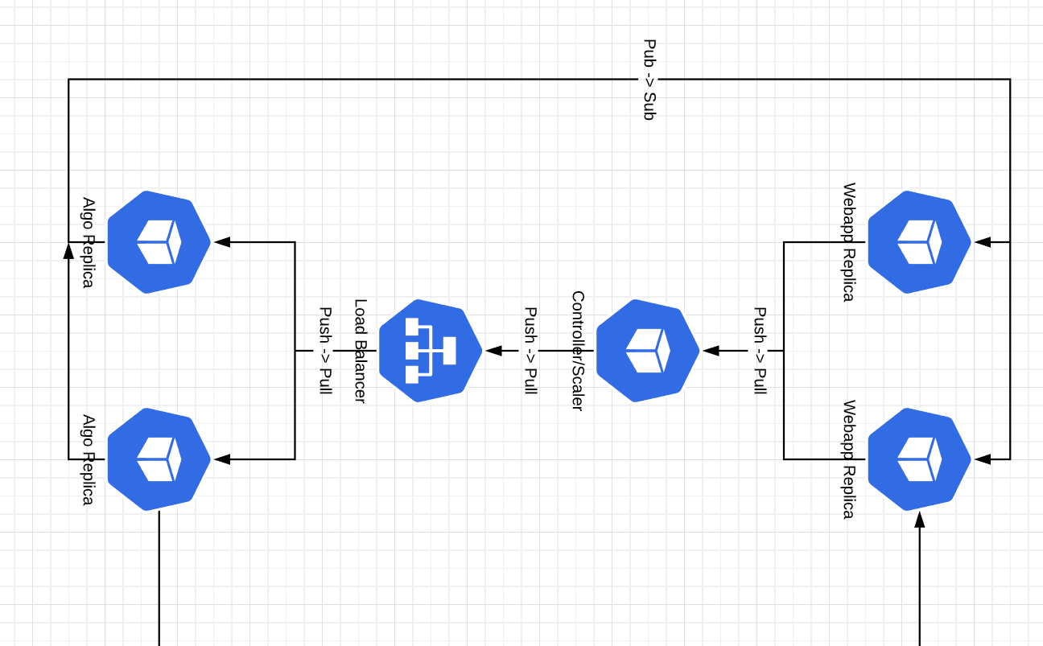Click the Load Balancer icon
coord(430,351)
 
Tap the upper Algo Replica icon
coord(159,242)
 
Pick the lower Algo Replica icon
coord(159,459)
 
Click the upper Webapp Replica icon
coord(919,242)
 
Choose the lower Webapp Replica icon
coord(919,459)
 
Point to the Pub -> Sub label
coord(649,80)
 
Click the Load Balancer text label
coord(361,351)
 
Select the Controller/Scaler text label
coord(577,351)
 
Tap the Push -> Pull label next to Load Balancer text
coord(326,351)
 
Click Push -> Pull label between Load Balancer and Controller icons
coord(530,351)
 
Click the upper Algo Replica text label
coord(89,242)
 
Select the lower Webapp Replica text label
coord(848,459)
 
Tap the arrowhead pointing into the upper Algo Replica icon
coord(223,242)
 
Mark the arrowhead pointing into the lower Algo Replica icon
coord(223,459)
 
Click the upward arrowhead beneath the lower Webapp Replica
coord(919,520)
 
